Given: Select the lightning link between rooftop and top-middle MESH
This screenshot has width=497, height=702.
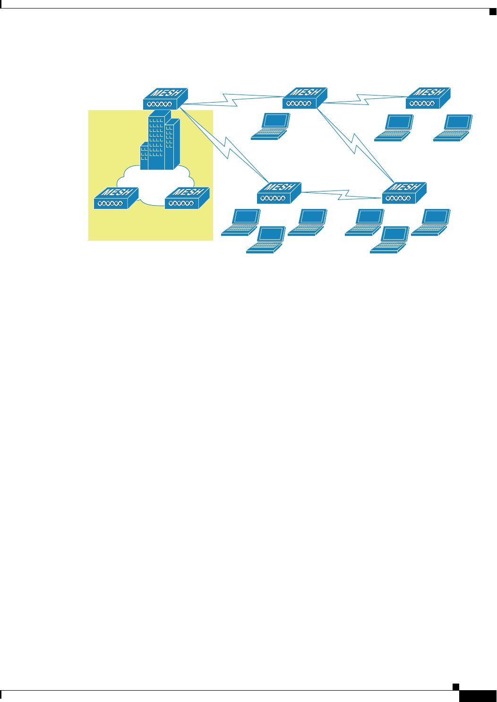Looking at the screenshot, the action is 231,100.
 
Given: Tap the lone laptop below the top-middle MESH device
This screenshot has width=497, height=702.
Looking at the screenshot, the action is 270,127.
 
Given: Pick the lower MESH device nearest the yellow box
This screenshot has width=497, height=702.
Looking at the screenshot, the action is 279,193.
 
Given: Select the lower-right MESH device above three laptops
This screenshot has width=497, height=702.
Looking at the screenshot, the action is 404,193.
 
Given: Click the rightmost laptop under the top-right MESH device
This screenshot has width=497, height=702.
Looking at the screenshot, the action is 453,128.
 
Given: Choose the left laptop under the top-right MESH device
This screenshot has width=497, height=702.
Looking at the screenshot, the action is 394,128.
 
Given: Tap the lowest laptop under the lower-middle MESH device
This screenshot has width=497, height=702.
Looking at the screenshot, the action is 266,240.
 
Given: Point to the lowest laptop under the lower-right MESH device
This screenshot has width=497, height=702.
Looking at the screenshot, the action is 390,240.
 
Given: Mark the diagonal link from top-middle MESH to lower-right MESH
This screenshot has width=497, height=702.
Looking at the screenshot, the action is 355,144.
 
